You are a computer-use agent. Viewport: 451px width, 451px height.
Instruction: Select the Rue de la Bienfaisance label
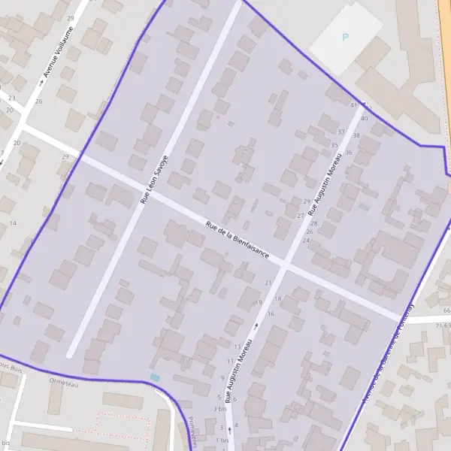[238, 240]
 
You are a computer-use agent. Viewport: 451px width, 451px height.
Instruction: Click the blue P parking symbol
[345, 37]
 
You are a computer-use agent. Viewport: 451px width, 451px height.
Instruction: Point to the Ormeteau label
[63, 384]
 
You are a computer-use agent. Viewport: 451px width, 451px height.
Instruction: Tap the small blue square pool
[155, 377]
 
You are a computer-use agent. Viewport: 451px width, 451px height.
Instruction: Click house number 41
[354, 106]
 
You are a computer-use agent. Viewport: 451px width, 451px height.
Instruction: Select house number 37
[341, 132]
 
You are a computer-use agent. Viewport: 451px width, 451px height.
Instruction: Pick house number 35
[334, 145]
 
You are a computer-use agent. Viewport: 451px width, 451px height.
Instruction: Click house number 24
[306, 241]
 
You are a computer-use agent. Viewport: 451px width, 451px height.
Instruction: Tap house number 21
[268, 283]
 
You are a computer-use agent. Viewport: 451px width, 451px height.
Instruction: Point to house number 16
[271, 313]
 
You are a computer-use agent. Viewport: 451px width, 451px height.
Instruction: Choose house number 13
[238, 347]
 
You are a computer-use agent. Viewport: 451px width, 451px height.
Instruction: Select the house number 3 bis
[219, 409]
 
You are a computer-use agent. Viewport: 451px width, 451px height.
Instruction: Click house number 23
[11, 98]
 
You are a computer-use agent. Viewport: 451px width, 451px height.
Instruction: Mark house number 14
[13, 223]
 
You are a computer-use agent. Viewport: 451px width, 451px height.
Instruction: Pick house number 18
[277, 298]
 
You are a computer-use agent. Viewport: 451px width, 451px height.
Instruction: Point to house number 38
[356, 135]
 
